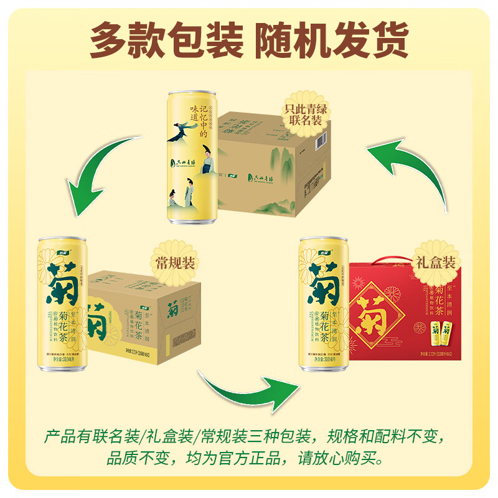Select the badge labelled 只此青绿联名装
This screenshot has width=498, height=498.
[306, 113]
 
